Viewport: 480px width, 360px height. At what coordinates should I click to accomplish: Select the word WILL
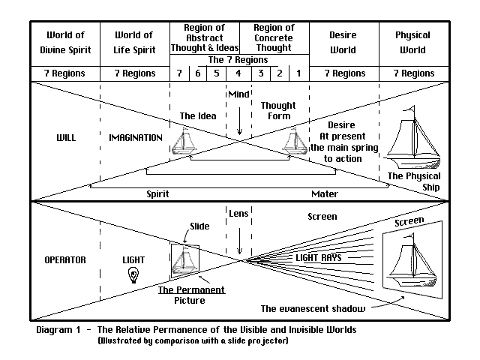click(66, 139)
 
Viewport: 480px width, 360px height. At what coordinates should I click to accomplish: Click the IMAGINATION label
click(136, 139)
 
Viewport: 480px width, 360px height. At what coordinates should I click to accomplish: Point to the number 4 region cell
click(238, 73)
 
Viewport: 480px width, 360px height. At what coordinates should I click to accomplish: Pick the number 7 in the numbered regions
click(179, 73)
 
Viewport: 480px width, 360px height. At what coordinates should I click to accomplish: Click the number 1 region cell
click(298, 73)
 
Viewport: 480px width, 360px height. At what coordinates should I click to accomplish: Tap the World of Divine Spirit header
click(64, 42)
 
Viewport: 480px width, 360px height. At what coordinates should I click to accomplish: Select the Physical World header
click(413, 42)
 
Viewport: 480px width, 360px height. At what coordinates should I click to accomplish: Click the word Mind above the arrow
click(238, 94)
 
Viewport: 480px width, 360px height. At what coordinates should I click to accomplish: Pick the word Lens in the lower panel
click(238, 214)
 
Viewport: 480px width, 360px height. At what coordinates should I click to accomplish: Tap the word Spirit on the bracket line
click(157, 193)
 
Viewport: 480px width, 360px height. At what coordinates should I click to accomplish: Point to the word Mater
click(325, 193)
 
